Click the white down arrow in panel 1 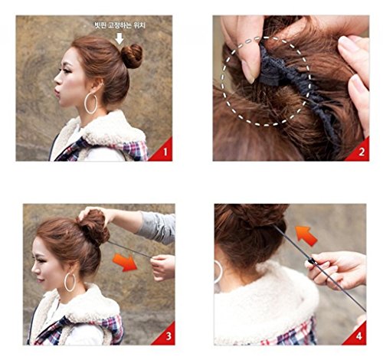(119, 38)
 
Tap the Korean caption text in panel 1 (119, 25)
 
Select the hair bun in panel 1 (132, 56)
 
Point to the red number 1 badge (163, 152)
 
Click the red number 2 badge (359, 152)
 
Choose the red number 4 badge (357, 335)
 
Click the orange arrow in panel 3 (126, 263)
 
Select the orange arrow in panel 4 (306, 236)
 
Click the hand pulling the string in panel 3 (163, 267)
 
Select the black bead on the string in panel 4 (311, 261)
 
